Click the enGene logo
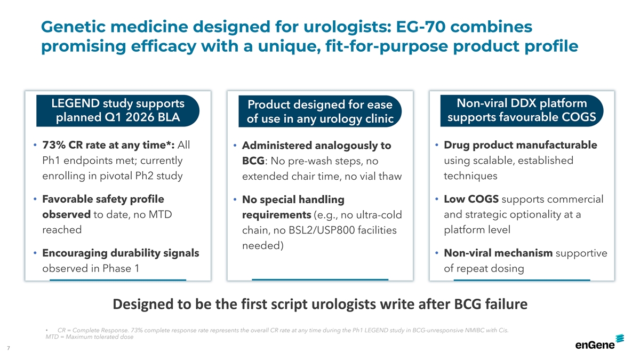tap(599, 342)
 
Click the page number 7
tap(9, 348)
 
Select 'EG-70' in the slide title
tap(421, 27)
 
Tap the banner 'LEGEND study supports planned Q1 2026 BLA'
tap(118, 110)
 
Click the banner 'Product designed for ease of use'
tap(320, 111)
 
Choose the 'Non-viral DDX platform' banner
tap(522, 110)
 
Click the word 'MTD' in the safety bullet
tap(160, 214)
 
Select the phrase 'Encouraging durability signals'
tap(121, 253)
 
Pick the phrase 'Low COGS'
tap(471, 199)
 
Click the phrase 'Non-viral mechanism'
tap(498, 253)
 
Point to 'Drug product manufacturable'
tap(521, 145)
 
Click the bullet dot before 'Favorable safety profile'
tap(35, 198)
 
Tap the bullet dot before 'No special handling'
tap(235, 199)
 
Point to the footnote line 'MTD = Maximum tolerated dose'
tap(90, 337)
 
